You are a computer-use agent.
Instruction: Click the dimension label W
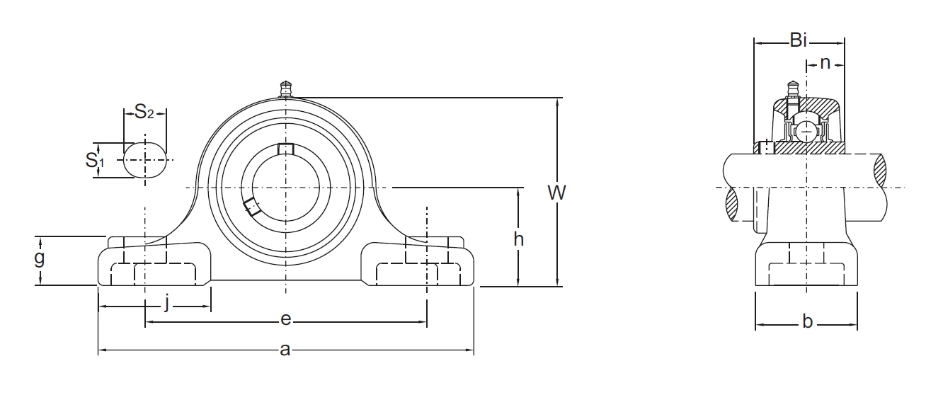[556, 193]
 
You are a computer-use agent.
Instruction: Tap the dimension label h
[518, 239]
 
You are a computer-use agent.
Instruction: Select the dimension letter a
[285, 350]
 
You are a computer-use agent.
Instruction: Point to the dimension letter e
[285, 319]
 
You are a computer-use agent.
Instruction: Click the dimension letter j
[166, 302]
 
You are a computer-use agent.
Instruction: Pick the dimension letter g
[39, 258]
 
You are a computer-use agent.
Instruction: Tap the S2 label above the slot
[144, 112]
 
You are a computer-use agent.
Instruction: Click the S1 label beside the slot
[95, 160]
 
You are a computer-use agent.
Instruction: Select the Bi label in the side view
[799, 40]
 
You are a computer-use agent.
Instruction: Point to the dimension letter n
[825, 63]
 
